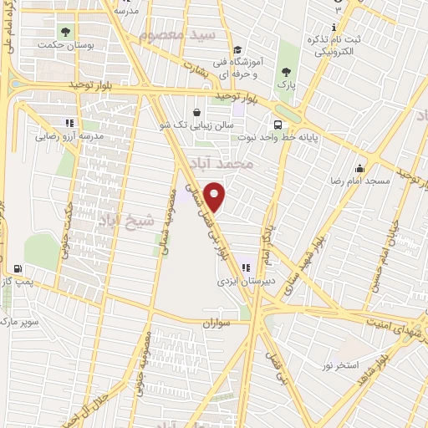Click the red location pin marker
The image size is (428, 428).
(216, 197)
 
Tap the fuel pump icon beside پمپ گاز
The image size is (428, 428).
(17, 269)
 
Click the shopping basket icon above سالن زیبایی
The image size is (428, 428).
(196, 112)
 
